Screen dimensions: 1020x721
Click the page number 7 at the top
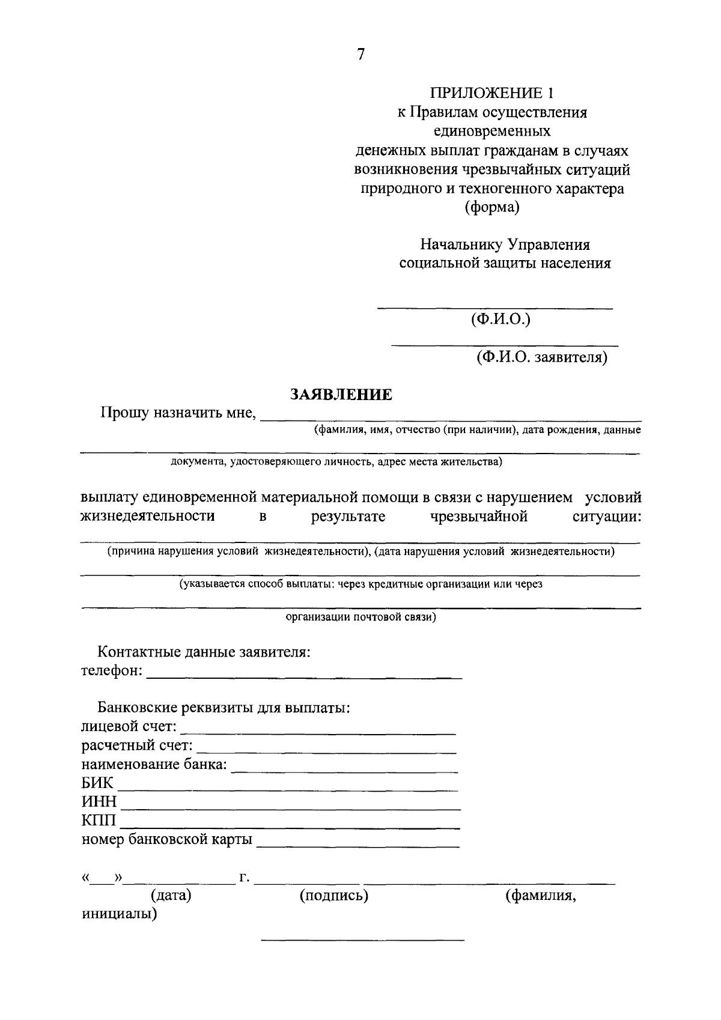coord(360,55)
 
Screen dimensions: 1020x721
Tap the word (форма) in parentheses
coord(491,208)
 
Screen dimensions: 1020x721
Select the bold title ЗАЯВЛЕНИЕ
coord(341,395)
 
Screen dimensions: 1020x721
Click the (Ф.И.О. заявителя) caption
coord(542,358)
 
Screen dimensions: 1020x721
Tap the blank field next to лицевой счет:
coord(318,730)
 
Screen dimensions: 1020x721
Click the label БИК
coord(97,783)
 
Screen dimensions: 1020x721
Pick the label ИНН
coord(99,803)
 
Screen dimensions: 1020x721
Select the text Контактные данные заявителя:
coord(204,652)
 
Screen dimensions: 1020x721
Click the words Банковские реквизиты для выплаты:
coord(224,708)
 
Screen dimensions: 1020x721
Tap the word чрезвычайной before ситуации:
coord(479,517)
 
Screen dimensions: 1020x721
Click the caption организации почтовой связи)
coord(360,617)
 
